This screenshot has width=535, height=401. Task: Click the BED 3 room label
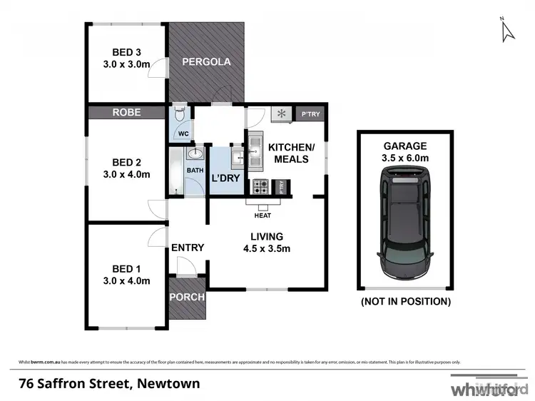click(x=127, y=52)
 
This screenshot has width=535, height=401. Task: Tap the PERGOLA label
click(x=206, y=62)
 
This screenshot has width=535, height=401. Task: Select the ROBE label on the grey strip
click(x=127, y=113)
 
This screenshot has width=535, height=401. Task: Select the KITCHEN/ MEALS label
click(x=288, y=153)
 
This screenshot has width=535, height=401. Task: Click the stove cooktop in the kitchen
click(x=260, y=187)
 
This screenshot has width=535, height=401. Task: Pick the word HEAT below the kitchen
click(x=263, y=215)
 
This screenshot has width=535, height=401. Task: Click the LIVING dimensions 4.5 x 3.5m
click(x=265, y=248)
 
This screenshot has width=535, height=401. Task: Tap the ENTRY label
click(x=188, y=248)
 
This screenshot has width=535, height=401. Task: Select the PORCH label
click(x=187, y=297)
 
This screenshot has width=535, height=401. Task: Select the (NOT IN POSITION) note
click(x=405, y=302)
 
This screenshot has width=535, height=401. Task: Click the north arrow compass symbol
click(x=508, y=30)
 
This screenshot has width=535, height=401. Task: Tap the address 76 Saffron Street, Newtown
click(x=110, y=383)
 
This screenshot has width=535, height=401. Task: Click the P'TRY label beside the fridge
click(x=310, y=114)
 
